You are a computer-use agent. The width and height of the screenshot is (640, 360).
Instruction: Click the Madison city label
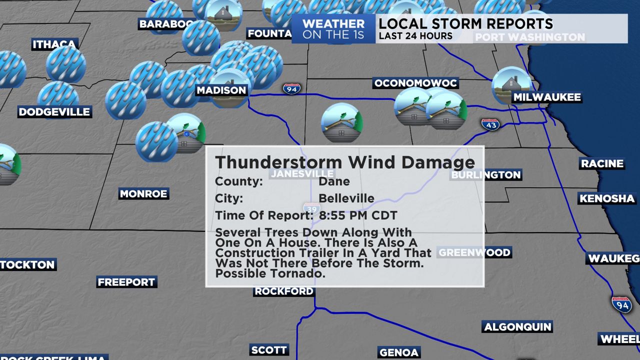221,90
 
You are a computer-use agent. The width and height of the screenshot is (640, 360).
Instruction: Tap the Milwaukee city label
547,97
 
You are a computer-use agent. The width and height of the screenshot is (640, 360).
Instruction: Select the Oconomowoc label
415,83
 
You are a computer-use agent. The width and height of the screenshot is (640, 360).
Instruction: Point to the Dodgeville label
54,111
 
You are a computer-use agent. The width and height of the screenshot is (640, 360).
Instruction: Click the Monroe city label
143,194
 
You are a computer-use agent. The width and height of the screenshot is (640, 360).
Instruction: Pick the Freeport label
126,282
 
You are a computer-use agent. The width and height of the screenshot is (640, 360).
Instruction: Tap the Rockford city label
284,291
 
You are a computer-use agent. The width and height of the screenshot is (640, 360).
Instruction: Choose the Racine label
602,163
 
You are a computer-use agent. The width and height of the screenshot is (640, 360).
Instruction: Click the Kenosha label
607,198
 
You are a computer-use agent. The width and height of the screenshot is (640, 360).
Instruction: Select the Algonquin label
517,327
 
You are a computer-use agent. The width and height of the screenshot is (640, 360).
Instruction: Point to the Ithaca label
54,44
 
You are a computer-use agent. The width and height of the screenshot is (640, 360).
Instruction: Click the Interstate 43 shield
490,124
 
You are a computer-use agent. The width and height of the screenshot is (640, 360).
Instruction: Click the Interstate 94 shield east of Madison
291,89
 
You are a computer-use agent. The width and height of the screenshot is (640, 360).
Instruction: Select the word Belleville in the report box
346,198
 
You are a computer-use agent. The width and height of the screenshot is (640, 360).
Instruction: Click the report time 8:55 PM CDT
358,215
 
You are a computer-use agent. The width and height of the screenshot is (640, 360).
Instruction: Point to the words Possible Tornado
270,273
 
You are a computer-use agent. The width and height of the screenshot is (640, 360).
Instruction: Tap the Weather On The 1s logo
333,29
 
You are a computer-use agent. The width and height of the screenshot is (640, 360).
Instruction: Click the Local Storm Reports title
465,23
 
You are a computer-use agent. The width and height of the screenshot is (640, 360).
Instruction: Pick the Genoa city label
398,352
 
